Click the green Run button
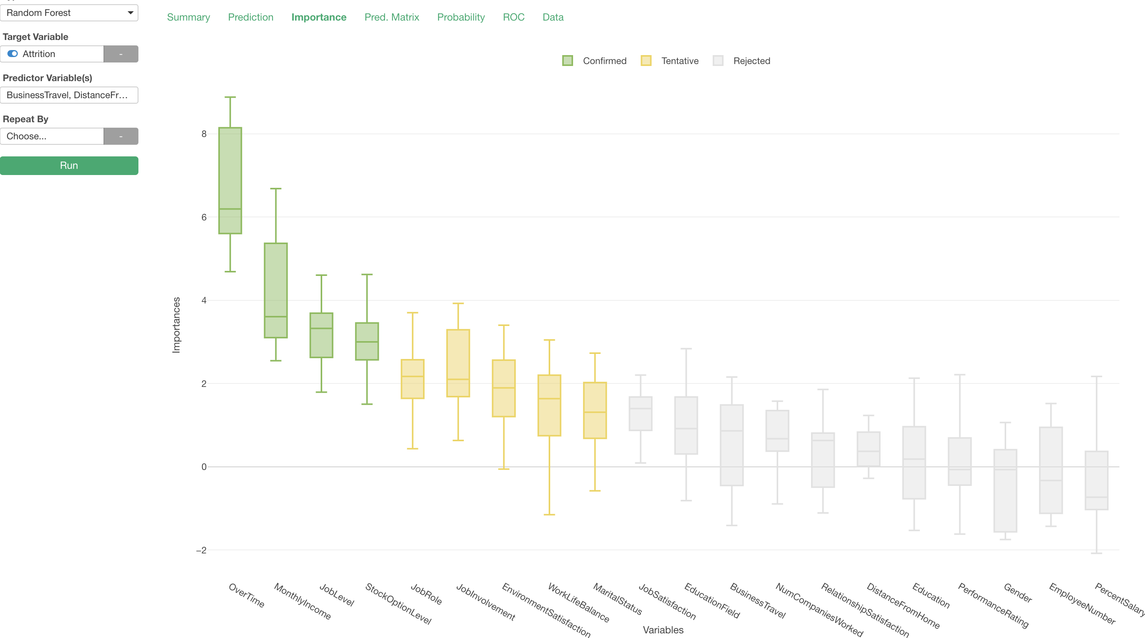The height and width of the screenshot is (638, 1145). point(69,165)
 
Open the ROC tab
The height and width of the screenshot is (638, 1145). point(513,17)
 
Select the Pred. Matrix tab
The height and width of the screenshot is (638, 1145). point(392,17)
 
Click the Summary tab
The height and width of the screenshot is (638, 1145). point(188,17)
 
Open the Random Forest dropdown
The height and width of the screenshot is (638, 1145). point(69,13)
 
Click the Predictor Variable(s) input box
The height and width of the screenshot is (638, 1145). point(69,95)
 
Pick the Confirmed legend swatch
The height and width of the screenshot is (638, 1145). point(568,61)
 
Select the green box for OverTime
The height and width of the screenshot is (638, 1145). point(230,180)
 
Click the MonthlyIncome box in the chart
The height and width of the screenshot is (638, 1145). point(276,290)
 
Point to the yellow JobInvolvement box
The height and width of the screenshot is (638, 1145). point(458,363)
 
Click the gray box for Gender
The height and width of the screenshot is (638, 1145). point(1005,490)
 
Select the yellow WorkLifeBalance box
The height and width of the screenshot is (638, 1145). point(549,405)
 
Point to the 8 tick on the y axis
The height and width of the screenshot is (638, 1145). point(204,134)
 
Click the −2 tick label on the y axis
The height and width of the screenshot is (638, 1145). point(202,550)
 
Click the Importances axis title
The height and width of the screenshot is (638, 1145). point(176,325)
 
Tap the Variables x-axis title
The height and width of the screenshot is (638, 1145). point(663,630)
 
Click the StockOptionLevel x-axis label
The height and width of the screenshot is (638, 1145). point(398,603)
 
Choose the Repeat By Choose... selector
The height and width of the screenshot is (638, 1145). point(52,136)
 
